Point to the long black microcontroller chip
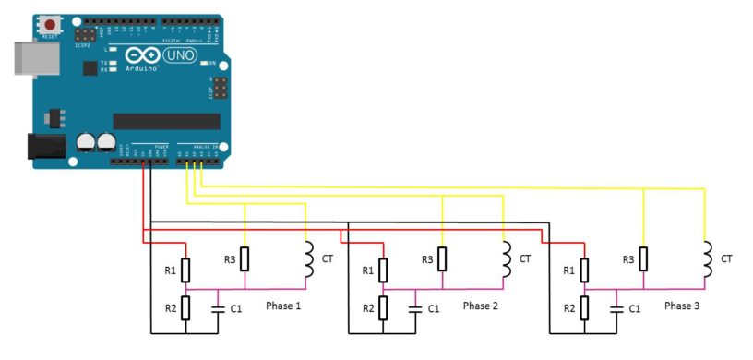click(x=166, y=121)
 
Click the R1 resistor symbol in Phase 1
click(x=186, y=270)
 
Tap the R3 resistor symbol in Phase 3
click(x=643, y=258)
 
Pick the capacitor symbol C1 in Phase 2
click(x=416, y=307)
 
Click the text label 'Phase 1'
click(x=283, y=306)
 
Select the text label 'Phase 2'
click(x=481, y=306)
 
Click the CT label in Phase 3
click(x=726, y=258)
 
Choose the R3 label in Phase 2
click(x=427, y=259)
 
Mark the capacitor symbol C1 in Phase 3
click(x=616, y=307)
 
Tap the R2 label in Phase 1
click(x=170, y=307)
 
